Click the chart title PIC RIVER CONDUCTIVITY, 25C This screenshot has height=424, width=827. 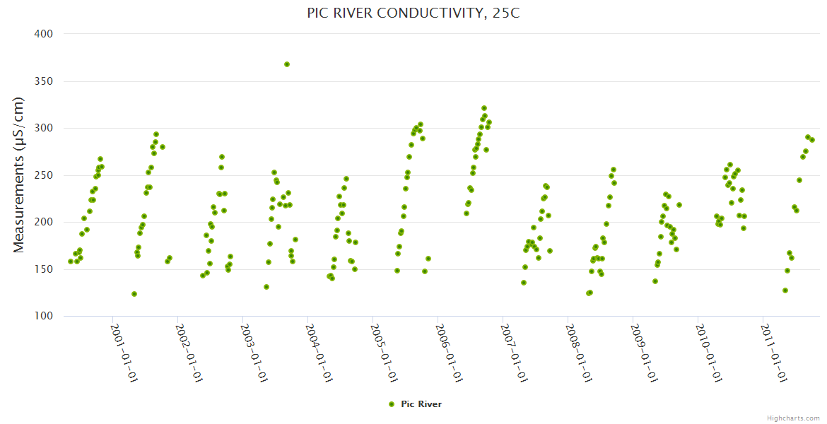[x=413, y=13]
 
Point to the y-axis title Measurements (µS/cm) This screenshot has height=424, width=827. [x=19, y=175]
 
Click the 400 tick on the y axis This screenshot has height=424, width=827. [x=44, y=34]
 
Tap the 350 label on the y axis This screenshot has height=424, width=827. [x=44, y=81]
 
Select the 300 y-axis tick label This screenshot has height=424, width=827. [x=44, y=128]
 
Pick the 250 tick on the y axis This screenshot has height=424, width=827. [x=44, y=175]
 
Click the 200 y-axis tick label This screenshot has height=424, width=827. [x=44, y=222]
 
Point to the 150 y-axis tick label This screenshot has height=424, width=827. [x=44, y=269]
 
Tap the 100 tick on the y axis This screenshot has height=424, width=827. [x=44, y=316]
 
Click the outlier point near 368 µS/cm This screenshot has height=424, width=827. [x=287, y=64]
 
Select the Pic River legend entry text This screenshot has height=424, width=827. [x=421, y=404]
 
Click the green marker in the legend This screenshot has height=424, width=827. [x=391, y=404]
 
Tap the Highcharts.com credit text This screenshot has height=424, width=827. [x=793, y=418]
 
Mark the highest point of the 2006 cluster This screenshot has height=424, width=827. [x=484, y=108]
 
